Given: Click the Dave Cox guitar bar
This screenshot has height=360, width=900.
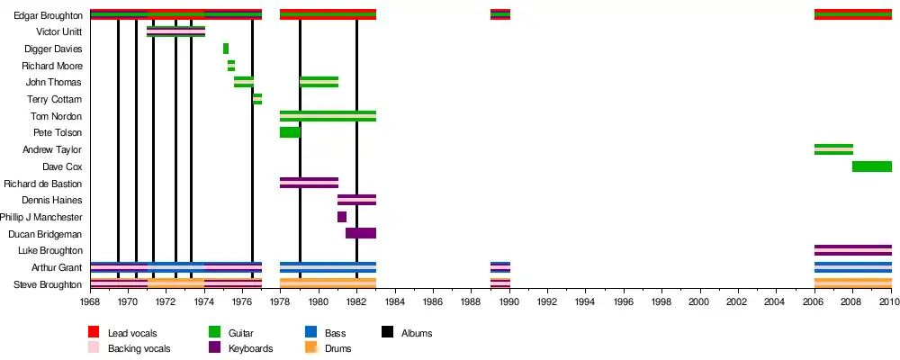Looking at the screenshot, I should tap(871, 166).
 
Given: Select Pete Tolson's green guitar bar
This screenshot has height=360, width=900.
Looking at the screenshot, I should tap(290, 132).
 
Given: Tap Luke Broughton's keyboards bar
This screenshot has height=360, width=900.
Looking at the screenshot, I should tap(852, 250).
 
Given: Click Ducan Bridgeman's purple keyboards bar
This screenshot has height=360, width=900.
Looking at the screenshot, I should tap(360, 233).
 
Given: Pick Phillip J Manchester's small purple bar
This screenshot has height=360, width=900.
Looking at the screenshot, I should tap(342, 217).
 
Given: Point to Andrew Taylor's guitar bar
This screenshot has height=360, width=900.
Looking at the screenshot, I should tap(833, 149).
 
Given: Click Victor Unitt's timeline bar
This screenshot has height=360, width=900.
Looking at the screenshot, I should tap(175, 31).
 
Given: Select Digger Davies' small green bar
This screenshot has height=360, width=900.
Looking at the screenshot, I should tap(226, 49).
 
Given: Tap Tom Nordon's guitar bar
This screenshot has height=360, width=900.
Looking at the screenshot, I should tap(328, 116).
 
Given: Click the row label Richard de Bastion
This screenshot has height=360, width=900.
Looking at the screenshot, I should tap(43, 184).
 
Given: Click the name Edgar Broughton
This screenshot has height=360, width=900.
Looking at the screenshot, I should tap(49, 15).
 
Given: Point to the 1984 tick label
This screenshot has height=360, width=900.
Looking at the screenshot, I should tap(395, 303).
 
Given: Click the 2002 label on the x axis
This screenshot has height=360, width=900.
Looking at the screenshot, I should tap(737, 303).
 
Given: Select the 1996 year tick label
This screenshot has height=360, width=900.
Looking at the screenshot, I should tap(624, 303).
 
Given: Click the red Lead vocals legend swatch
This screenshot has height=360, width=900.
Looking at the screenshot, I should tap(94, 333).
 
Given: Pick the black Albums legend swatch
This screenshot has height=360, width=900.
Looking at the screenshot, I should tap(389, 333).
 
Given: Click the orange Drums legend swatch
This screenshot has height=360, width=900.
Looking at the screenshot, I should tap(311, 348).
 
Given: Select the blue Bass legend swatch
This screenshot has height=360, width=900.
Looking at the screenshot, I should tap(311, 333).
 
